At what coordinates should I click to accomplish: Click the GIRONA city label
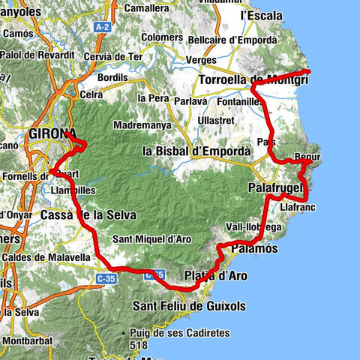click(x=51, y=134)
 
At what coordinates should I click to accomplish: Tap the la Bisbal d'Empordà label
click(x=196, y=151)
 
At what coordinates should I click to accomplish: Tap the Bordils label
click(x=112, y=76)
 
